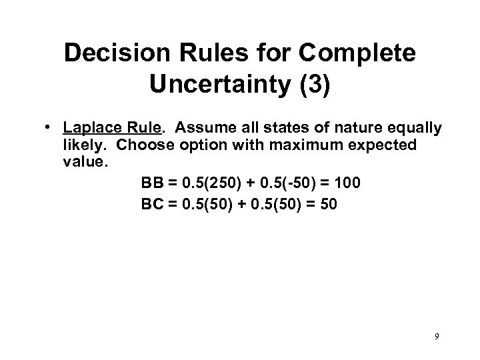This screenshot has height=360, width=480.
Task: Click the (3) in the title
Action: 312,87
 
